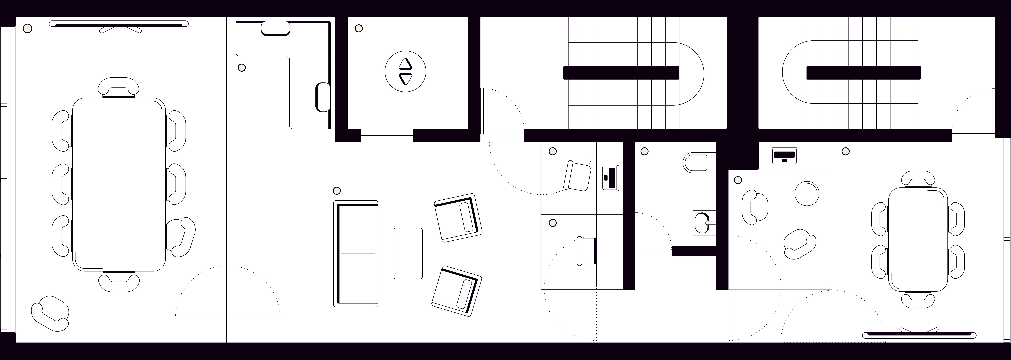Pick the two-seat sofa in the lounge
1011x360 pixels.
pyautogui.click(x=356, y=253)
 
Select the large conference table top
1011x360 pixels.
pyautogui.click(x=119, y=185)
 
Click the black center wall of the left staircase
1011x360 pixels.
pyautogui.click(x=621, y=73)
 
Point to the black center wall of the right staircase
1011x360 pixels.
pyautogui.click(x=863, y=73)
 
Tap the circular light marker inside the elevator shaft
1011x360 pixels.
pyautogui.click(x=358, y=28)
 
